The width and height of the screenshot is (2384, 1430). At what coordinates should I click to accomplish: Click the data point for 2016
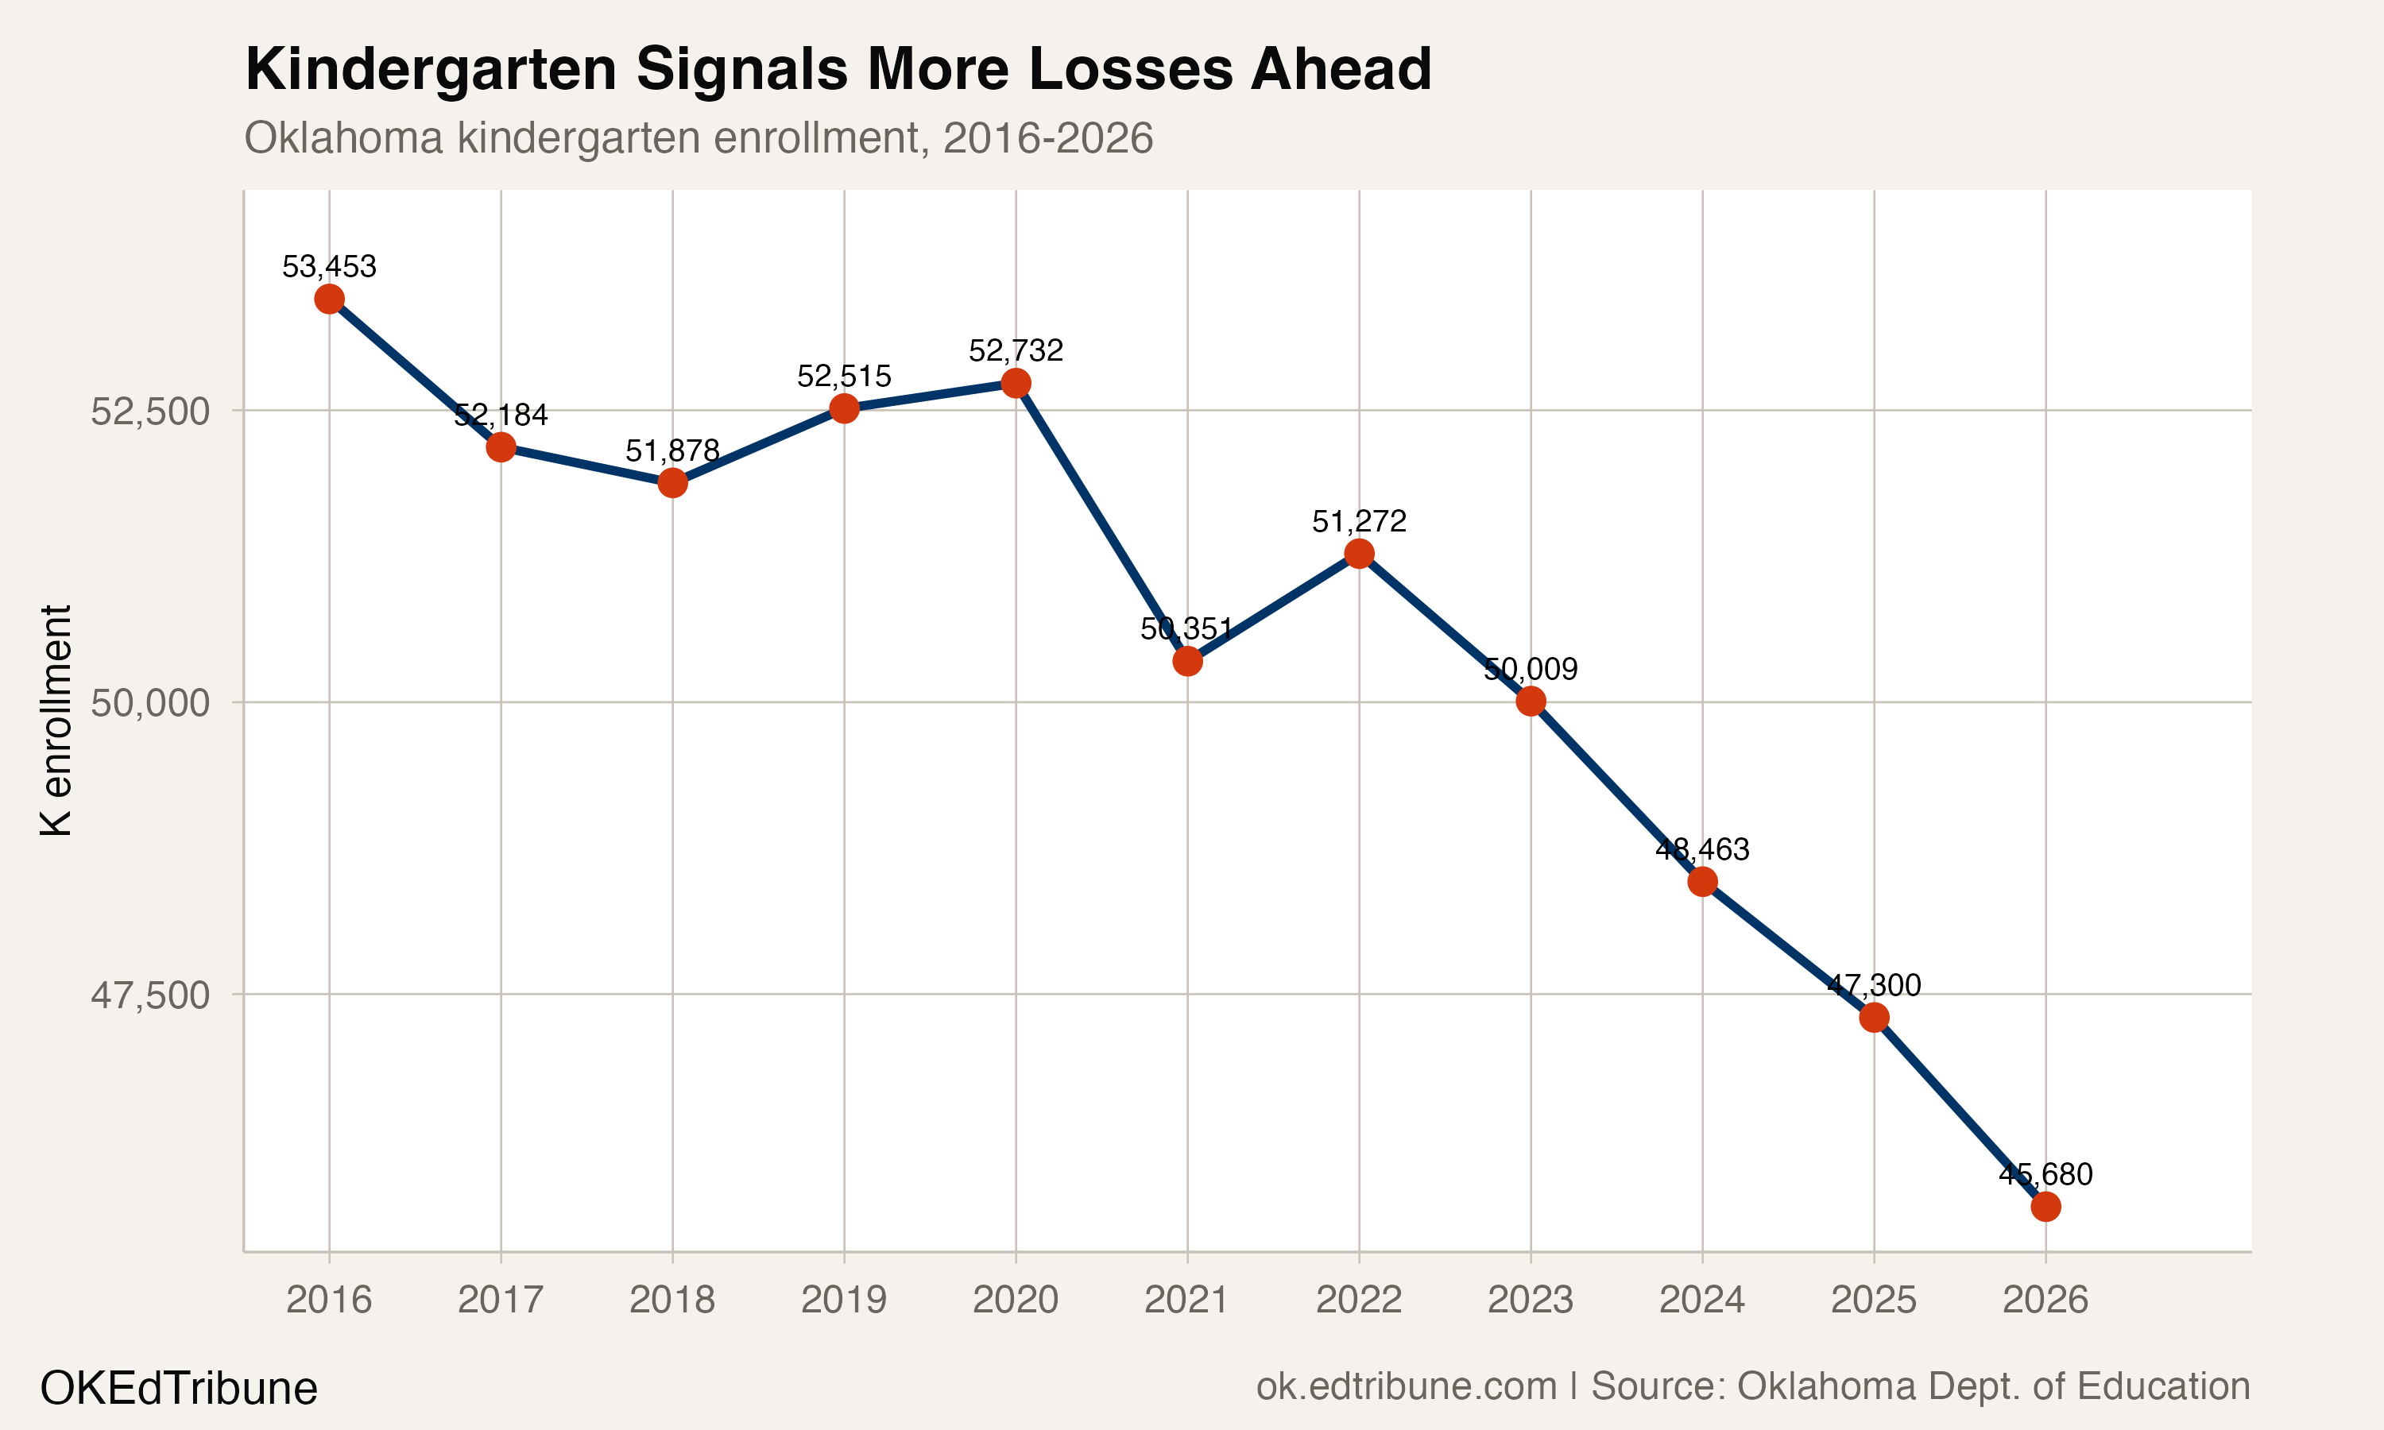329,299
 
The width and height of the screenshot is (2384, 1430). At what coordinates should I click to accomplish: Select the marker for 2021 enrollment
1187,661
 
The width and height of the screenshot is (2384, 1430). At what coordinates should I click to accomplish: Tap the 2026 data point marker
2045,1207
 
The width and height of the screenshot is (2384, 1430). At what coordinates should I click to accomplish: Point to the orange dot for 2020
1016,384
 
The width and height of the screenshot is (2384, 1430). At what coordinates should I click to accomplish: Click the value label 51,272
1359,522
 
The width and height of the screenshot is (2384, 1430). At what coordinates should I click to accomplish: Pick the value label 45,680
2045,1175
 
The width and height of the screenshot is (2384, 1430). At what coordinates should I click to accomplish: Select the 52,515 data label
844,376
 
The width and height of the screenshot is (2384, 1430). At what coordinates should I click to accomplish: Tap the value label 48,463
1701,850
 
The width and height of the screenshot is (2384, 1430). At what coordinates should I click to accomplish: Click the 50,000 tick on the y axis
149,703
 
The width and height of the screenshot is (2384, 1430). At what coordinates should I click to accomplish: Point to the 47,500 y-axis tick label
149,995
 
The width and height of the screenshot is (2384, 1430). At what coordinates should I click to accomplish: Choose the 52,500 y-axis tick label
149,412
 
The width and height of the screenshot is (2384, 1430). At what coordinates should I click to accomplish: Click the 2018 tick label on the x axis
671,1300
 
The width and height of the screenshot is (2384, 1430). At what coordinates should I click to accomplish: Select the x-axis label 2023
1531,1300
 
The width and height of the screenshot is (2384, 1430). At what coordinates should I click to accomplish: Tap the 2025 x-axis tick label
1873,1300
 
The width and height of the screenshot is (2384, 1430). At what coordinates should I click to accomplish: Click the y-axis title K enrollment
56,721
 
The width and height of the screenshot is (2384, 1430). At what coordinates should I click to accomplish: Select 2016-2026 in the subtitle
1047,137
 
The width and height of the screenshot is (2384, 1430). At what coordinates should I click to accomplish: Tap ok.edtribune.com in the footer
1406,1386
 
